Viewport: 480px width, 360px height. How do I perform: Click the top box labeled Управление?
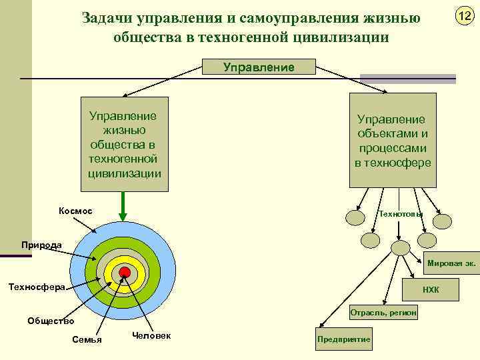click(259, 67)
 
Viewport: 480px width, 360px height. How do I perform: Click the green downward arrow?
click(123, 206)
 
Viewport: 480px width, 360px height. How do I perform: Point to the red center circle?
click(124, 271)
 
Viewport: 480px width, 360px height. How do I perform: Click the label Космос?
click(75, 211)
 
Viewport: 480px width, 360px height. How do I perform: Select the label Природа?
click(41, 245)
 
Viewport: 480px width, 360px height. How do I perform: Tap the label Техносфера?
click(36, 287)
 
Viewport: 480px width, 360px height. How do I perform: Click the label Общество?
click(50, 321)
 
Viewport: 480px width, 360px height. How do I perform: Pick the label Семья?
click(87, 340)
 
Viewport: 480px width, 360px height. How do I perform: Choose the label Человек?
click(151, 335)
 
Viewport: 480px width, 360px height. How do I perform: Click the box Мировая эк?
click(451, 263)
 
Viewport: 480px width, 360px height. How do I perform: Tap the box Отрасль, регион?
click(383, 312)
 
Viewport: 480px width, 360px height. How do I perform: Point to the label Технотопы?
click(400, 214)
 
